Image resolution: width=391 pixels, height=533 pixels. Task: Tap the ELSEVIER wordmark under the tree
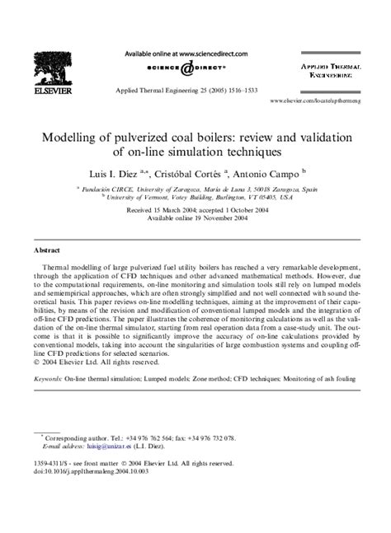tap(49, 95)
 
